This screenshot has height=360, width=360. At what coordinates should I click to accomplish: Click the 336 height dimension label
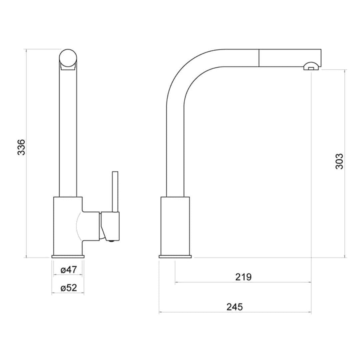click(x=21, y=147)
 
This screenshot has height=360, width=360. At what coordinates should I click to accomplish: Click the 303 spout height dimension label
click(x=339, y=161)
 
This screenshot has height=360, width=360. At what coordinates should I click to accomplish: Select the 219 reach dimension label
click(x=243, y=277)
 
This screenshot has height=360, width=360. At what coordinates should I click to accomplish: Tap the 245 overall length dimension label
click(x=235, y=307)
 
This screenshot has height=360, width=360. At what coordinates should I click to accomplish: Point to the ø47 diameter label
click(x=69, y=270)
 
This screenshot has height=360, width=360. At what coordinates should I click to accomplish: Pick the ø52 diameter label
click(x=69, y=288)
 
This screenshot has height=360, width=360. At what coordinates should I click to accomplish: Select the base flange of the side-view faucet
click(x=175, y=256)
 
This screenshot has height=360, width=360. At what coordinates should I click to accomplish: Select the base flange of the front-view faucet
click(x=68, y=256)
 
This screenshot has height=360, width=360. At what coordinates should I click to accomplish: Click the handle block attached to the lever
click(x=110, y=225)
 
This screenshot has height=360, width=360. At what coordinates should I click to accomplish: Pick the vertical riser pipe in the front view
click(x=68, y=133)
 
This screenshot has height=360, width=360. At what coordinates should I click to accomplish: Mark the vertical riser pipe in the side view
click(x=175, y=150)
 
